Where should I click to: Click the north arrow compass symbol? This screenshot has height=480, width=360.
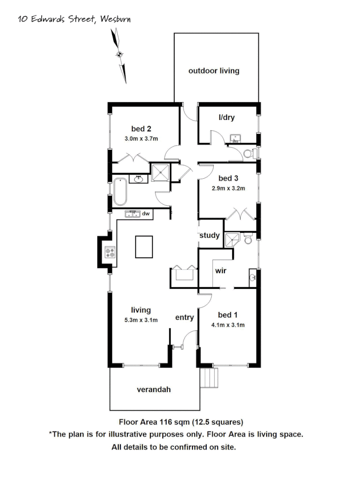click(120, 55)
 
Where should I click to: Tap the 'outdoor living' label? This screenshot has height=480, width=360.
click(214, 71)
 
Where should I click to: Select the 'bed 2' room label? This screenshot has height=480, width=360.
click(141, 129)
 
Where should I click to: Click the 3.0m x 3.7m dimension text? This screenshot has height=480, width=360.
click(141, 139)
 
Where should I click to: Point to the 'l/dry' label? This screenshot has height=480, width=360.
click(226, 118)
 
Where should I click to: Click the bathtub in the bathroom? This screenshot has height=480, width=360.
click(120, 192)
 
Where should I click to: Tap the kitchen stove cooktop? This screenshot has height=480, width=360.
click(110, 253)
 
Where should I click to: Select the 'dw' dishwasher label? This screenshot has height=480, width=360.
click(145, 214)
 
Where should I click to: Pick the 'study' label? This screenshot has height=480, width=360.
click(209, 235)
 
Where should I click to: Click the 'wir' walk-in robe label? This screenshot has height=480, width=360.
click(221, 270)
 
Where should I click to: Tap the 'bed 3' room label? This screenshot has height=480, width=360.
click(225, 178)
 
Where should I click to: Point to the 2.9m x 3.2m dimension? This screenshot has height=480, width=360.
click(228, 188)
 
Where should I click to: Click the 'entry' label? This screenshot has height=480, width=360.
click(184, 317)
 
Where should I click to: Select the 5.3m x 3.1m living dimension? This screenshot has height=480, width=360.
click(141, 320)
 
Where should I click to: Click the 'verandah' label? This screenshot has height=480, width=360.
click(153, 389)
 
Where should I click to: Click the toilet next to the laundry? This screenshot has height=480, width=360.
click(250, 154)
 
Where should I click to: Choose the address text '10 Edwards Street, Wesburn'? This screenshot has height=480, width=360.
click(75, 19)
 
